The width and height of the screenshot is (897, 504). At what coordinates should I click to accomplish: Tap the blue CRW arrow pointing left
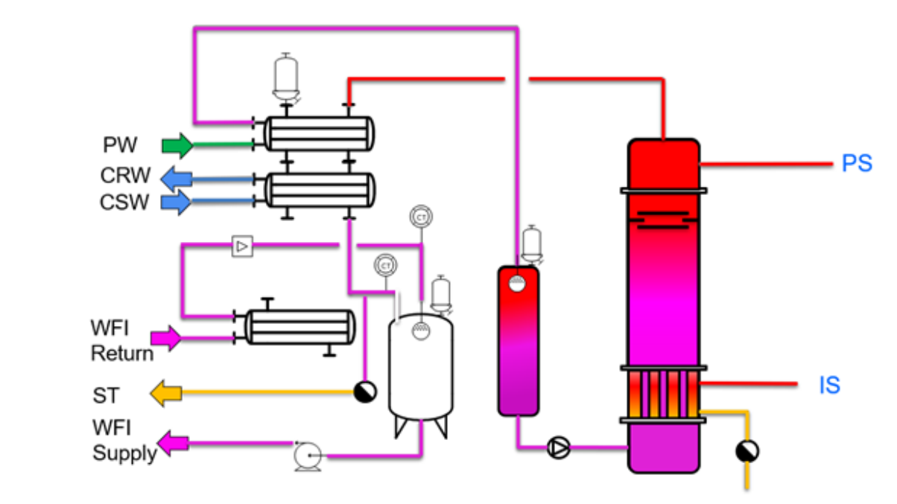[x=177, y=179]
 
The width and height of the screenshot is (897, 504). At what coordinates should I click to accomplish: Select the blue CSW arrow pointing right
[x=177, y=202]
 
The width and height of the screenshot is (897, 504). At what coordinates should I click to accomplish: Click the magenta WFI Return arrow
[x=165, y=338]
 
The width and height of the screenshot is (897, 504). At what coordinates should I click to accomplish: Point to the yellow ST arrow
[x=166, y=392]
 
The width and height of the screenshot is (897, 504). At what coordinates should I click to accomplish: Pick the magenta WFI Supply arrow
[x=172, y=444]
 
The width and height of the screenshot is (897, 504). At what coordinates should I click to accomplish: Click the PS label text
[x=857, y=164]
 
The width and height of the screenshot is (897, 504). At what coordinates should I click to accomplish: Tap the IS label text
[x=829, y=386]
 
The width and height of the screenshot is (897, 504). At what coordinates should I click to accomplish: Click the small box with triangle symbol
[x=242, y=245]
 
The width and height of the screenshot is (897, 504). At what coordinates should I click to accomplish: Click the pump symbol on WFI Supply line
[x=306, y=456]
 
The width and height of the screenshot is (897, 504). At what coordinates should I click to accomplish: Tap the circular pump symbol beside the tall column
[x=558, y=447]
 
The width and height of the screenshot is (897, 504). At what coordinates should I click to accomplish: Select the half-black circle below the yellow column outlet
[x=746, y=450]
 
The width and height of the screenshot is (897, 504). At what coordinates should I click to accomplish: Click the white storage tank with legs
[x=420, y=369]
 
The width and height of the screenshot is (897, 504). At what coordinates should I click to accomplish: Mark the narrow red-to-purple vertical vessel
[x=518, y=340]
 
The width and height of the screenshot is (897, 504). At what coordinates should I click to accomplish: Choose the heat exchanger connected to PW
[x=320, y=135]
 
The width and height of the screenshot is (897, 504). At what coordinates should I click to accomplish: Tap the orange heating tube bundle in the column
[x=663, y=395]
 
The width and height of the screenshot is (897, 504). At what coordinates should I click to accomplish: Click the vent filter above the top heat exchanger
[x=283, y=77]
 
